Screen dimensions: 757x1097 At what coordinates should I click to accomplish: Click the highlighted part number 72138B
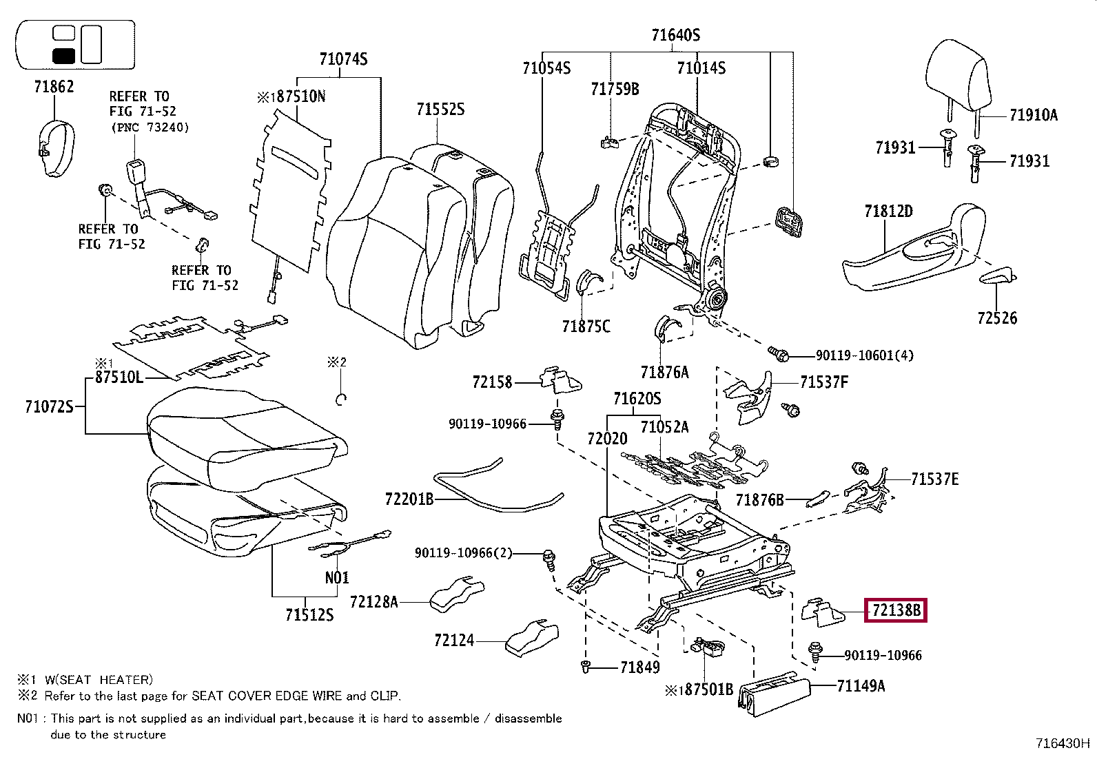click(895, 610)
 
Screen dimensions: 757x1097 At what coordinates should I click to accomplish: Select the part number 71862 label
click(54, 87)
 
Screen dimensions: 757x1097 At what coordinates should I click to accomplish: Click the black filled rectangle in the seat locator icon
click(63, 56)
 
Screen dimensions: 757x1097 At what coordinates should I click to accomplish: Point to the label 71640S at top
click(676, 36)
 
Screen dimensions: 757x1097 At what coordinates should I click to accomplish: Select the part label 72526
click(996, 318)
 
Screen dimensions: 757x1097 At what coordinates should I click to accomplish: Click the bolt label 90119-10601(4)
click(864, 355)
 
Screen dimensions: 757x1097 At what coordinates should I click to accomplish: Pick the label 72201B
click(409, 499)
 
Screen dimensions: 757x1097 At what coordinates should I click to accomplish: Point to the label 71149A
click(861, 686)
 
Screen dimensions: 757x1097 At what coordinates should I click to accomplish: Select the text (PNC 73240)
click(149, 127)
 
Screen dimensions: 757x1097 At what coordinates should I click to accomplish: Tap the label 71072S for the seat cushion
click(48, 407)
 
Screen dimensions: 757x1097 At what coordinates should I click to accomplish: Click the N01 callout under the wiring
click(337, 578)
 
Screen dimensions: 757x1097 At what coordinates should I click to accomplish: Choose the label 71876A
click(664, 373)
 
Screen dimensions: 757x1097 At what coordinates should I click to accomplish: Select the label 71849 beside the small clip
click(639, 667)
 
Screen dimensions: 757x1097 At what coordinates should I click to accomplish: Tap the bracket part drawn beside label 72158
click(562, 380)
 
